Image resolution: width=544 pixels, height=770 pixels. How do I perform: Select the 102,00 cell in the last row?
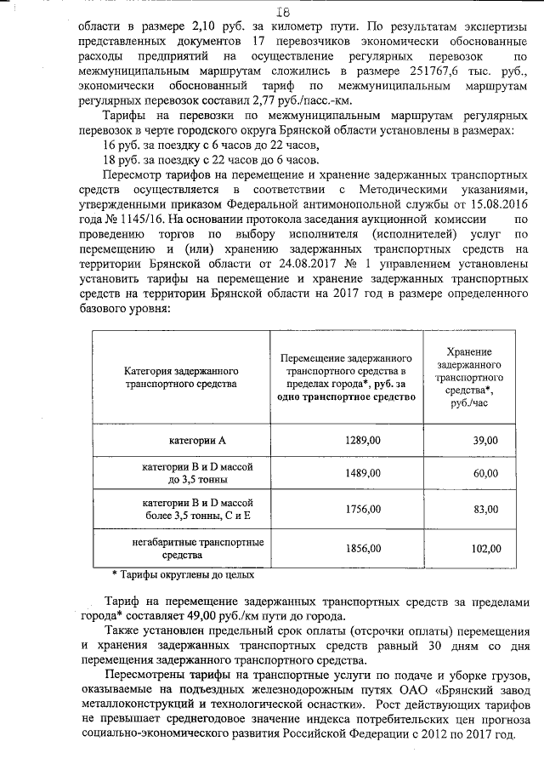[485, 549]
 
